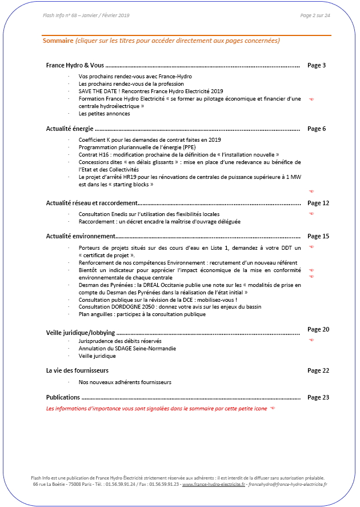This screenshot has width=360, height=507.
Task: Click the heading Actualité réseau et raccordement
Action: pyautogui.click(x=91, y=203)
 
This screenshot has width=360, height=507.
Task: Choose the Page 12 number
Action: pyautogui.click(x=318, y=203)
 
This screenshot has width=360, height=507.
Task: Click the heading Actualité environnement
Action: pyautogui.click(x=81, y=236)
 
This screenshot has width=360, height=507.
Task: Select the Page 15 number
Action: pyautogui.click(x=318, y=236)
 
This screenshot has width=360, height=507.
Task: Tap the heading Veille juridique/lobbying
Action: pyautogui.click(x=81, y=332)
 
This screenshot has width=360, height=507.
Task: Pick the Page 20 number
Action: pyautogui.click(x=318, y=329)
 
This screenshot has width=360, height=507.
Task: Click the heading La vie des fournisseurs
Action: pyautogui.click(x=77, y=370)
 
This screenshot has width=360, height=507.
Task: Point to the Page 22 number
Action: pyautogui.click(x=318, y=370)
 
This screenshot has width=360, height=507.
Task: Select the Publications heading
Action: pyautogui.click(x=63, y=397)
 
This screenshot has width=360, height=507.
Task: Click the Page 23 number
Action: pyautogui.click(x=318, y=397)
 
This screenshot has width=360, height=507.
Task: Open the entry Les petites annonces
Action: pyautogui.click(x=104, y=113)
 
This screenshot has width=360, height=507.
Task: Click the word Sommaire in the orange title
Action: pyautogui.click(x=58, y=41)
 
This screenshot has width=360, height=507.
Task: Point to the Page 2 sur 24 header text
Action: pyautogui.click(x=315, y=15)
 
